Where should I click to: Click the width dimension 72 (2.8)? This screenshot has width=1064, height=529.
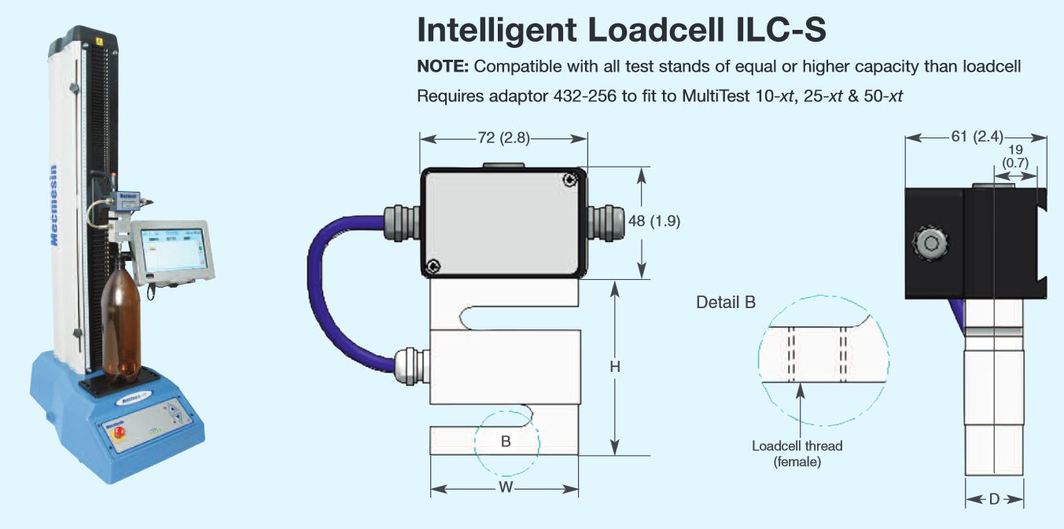pos(504,138)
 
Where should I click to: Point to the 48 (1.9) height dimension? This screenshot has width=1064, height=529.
pos(654,222)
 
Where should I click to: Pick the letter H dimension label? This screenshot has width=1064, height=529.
pos(616,367)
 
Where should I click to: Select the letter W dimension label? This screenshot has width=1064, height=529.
pos(506,488)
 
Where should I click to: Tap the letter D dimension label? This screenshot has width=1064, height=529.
pos(994,500)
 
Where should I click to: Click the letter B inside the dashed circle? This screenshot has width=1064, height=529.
pos(506,442)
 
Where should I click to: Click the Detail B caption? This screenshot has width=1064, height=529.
pos(725,302)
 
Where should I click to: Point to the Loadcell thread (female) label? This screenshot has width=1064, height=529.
pos(797,454)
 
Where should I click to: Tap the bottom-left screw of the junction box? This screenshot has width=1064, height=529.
pos(434,266)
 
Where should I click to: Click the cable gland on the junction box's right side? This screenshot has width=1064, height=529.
pos(606,222)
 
